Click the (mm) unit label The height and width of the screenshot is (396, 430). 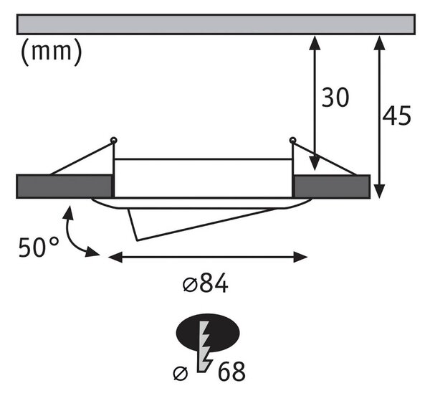(52, 52)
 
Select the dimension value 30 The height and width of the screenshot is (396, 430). (335, 98)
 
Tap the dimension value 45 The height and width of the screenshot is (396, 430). (396, 115)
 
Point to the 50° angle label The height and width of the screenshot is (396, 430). (39, 247)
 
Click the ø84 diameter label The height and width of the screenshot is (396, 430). (205, 283)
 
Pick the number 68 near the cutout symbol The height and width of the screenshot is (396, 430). (231, 372)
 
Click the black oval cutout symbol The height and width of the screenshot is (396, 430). (208, 333)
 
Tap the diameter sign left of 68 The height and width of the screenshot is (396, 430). (181, 373)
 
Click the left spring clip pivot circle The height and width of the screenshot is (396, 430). (113, 141)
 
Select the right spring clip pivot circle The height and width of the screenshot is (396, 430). (292, 141)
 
